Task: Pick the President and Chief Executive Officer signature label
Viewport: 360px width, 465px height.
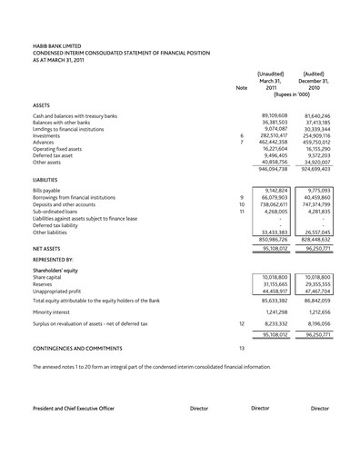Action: pos(74,409)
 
